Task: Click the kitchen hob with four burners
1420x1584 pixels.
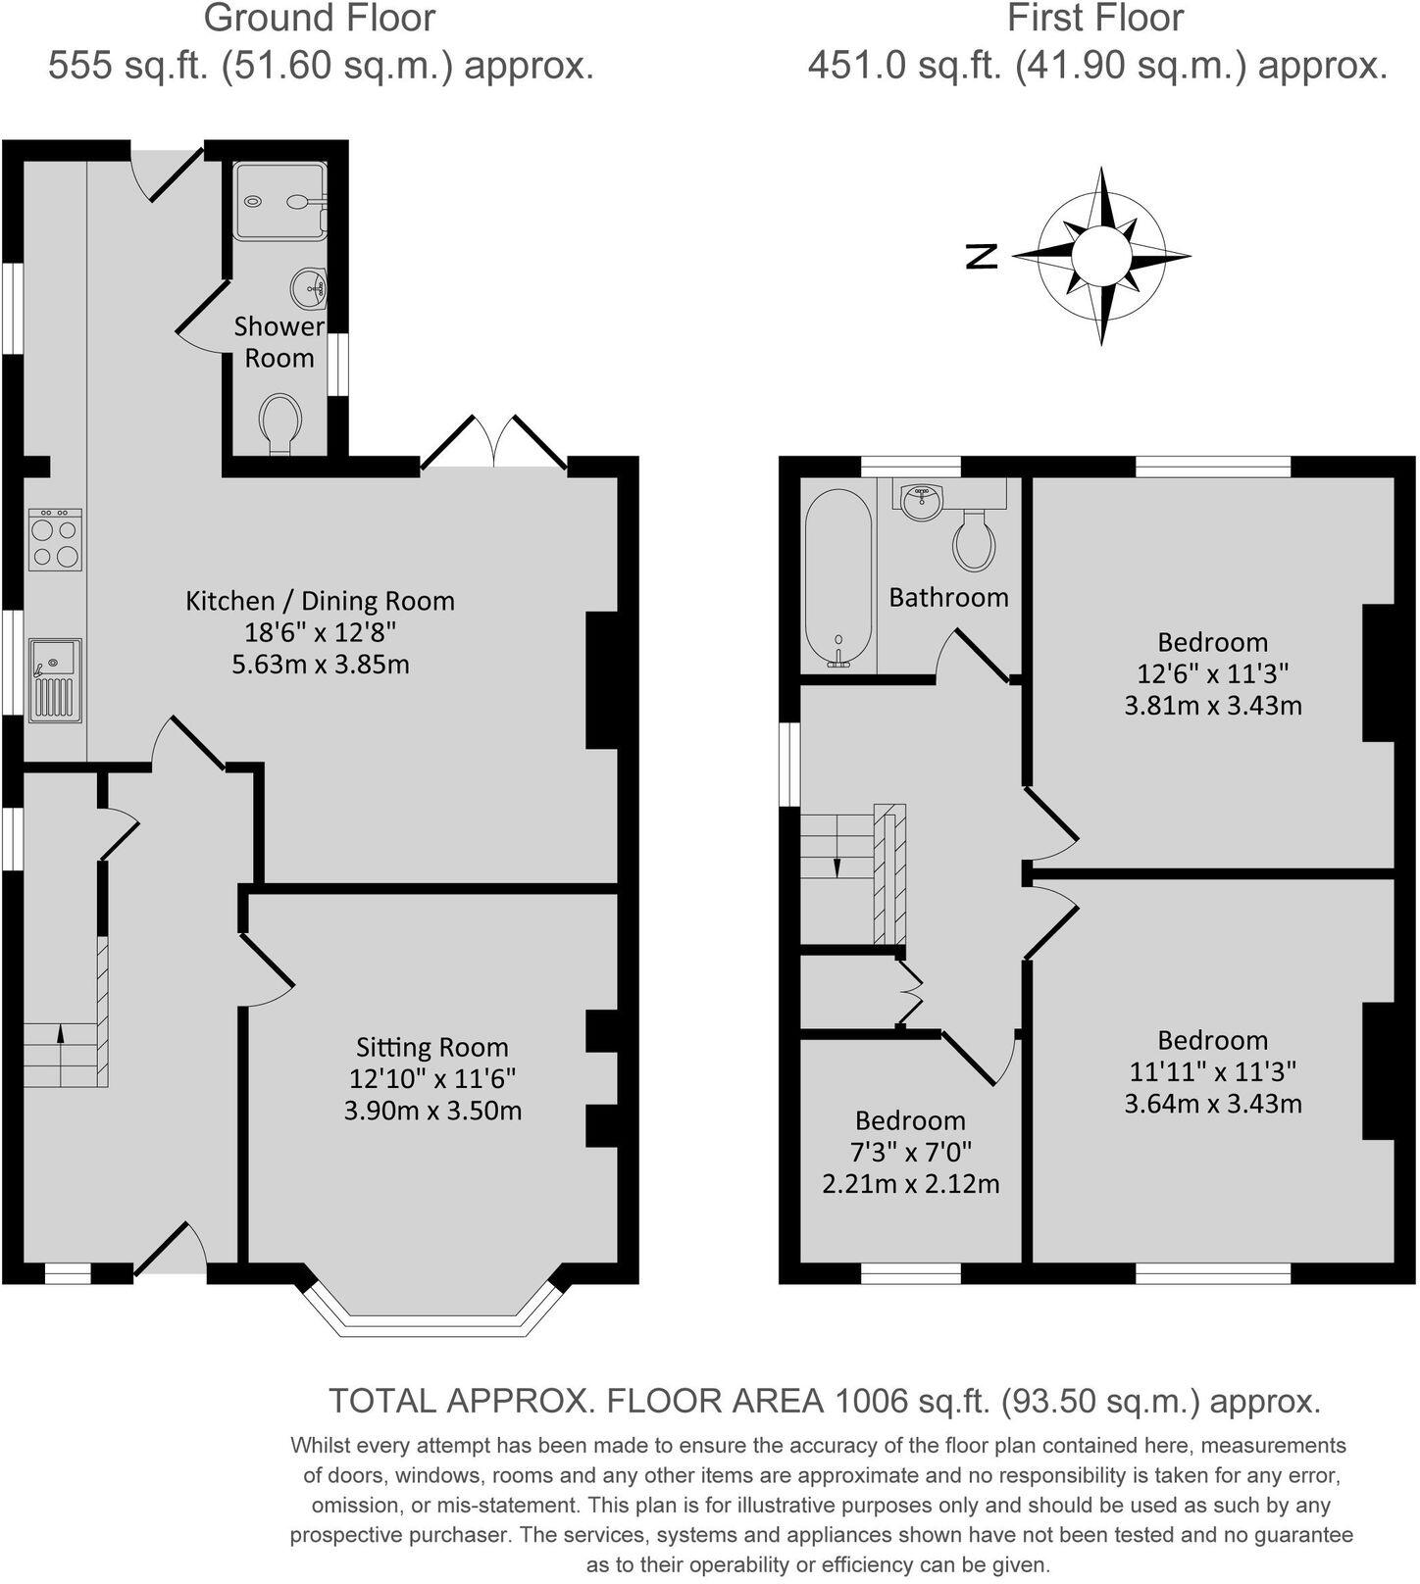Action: coord(55,539)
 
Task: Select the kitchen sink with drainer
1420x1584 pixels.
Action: coord(55,679)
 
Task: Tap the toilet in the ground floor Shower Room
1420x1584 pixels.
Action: coord(281,423)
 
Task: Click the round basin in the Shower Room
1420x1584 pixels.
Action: coord(309,287)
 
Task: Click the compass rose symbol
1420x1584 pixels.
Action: coord(1101,257)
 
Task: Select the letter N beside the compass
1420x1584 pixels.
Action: coord(982,256)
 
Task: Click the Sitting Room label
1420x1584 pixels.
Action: coord(431,1047)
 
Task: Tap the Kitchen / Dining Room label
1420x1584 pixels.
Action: coord(320,601)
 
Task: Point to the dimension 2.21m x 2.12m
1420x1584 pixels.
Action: coord(910,1183)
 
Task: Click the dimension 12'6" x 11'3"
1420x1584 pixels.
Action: coord(1212,673)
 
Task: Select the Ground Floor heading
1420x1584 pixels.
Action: coord(320,19)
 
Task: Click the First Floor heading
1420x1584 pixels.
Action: coord(1095,19)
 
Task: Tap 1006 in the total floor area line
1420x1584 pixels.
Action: coord(870,1402)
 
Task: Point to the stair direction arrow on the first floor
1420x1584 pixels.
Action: coord(837,867)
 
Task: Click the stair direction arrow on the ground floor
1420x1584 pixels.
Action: coord(60,1032)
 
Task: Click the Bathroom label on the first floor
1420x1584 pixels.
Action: coord(948,597)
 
